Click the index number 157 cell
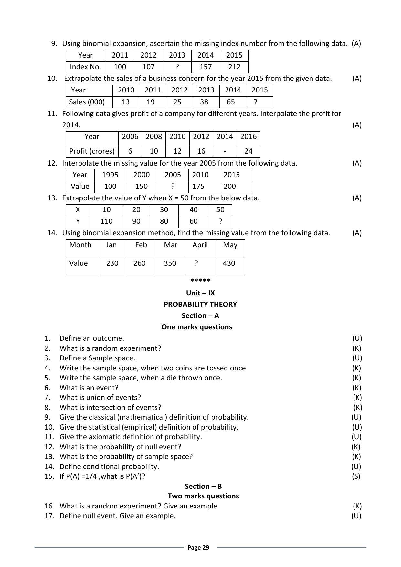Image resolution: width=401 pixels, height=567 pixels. tap(206, 67)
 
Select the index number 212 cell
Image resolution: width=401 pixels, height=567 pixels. tap(234, 67)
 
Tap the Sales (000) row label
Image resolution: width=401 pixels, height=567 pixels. tap(87, 102)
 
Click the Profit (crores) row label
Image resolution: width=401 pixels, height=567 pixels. tap(92, 151)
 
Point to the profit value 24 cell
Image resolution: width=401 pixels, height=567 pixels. tap(248, 151)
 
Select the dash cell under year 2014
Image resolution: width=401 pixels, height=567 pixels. tap(225, 151)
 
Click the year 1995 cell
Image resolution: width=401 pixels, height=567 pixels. tap(110, 175)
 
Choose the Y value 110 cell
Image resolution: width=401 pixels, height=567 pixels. tap(106, 221)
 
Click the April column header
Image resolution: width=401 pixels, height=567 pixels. tap(200, 245)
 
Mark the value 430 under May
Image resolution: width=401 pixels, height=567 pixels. tap(229, 263)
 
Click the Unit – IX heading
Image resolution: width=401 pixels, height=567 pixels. tap(200, 293)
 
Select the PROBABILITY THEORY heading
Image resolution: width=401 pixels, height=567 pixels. tap(200, 305)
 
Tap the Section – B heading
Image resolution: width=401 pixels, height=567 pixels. tap(203, 487)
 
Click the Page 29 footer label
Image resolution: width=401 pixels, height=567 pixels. tap(198, 548)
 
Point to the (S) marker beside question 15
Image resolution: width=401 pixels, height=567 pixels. tap(356, 476)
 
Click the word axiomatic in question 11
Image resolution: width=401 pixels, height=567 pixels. tap(95, 437)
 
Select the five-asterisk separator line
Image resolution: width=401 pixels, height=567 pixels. tap(200, 281)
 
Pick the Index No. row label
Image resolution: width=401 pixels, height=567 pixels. tap(85, 67)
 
